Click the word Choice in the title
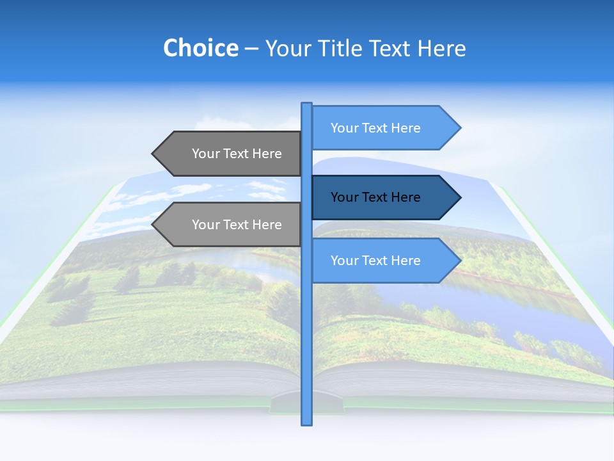coord(200,48)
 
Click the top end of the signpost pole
coord(306,104)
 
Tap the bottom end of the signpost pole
coord(306,423)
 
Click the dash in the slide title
coord(251,49)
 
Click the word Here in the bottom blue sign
coord(406,261)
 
